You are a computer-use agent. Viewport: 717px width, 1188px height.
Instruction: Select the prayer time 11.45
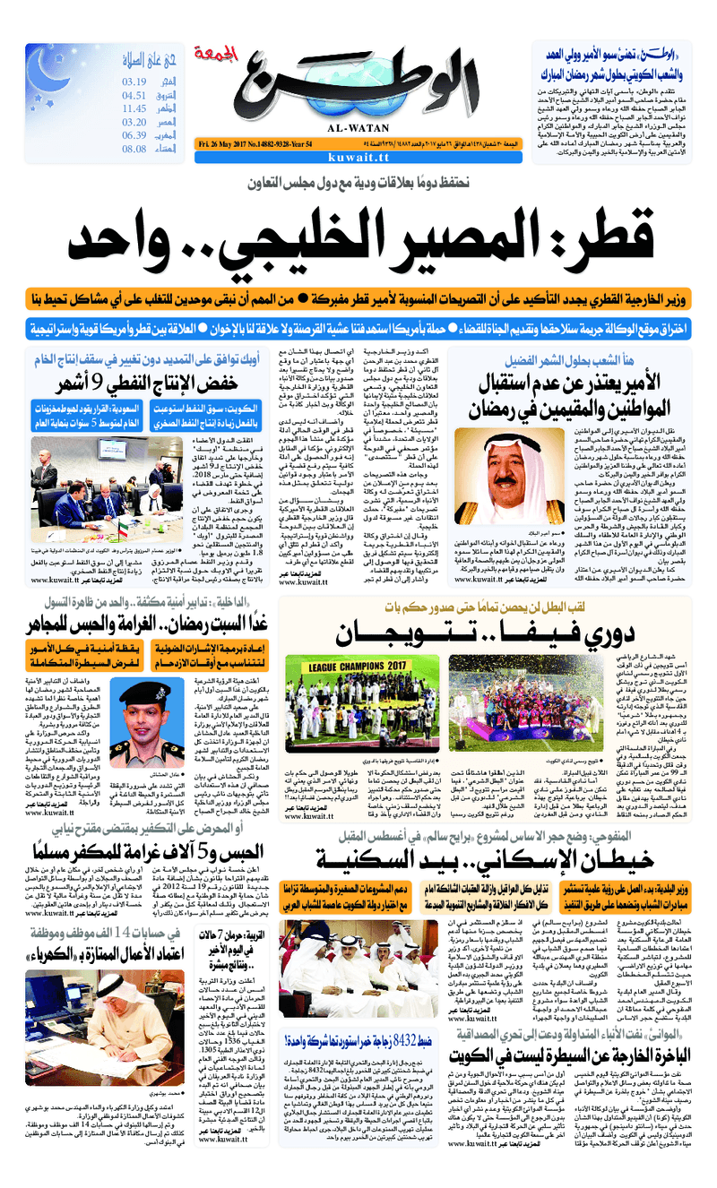click(134, 108)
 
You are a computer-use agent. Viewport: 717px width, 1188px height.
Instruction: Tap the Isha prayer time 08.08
click(134, 149)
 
